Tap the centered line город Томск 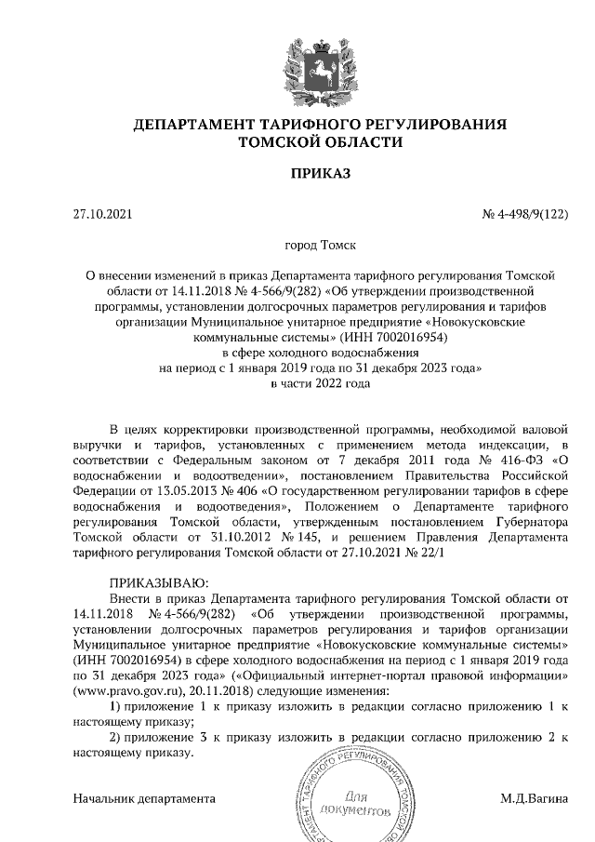[320, 249]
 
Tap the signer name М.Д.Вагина [534, 798]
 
